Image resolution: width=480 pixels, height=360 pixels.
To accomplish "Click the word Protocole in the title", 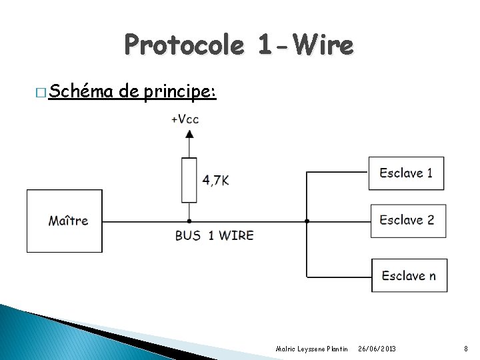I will coord(183,45).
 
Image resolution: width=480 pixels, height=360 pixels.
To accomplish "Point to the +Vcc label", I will coord(185,119).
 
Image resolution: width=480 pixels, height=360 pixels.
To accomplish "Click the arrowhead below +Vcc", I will coord(189,133).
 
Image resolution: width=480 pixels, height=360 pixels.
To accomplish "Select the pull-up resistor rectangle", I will coord(189,179).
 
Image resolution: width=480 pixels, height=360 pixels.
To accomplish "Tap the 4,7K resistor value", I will coord(215,180).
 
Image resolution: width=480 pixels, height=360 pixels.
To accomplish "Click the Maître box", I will coord(65,221).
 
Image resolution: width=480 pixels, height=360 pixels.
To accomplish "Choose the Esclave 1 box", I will coord(406,173).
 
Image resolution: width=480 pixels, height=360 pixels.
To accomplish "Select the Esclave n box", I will coord(409,275).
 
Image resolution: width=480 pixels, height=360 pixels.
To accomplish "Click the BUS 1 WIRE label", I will coord(214,235).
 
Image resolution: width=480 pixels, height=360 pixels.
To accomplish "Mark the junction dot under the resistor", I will coord(189,221).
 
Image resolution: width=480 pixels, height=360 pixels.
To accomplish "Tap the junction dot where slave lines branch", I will coord(307,221).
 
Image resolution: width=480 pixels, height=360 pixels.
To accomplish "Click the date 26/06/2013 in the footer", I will coord(377,349).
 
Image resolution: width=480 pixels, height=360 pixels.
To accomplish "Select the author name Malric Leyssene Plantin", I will coord(311,349).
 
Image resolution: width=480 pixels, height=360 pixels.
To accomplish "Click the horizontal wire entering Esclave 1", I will coord(337,173).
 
